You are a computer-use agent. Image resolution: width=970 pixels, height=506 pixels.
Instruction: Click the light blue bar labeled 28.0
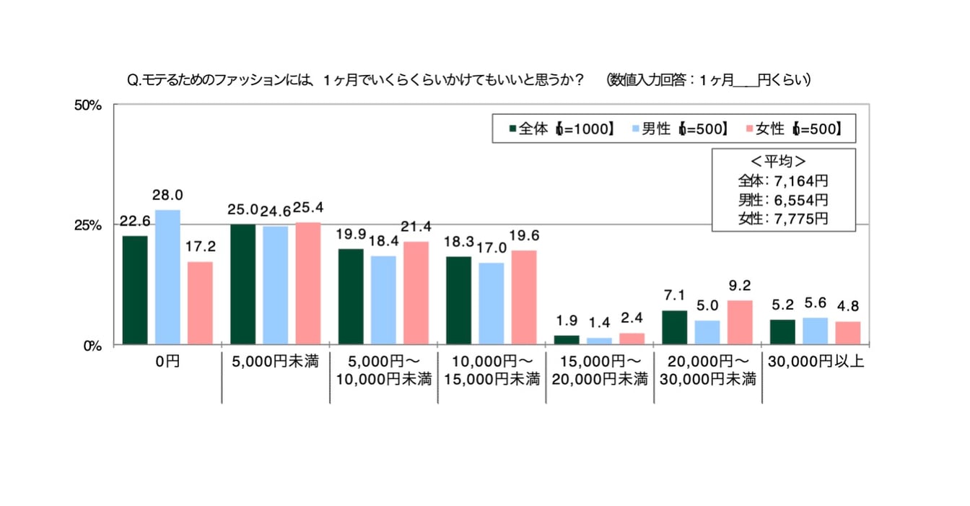[167, 277]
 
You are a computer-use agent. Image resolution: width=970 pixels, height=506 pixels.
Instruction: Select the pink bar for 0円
[200, 303]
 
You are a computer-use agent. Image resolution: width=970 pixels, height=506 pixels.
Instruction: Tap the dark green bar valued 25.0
[242, 284]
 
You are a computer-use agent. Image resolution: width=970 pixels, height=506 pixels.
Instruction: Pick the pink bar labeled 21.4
[416, 293]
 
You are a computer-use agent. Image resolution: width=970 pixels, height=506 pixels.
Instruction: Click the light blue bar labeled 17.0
[491, 303]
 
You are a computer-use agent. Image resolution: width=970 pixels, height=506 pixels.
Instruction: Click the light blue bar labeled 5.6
[815, 331]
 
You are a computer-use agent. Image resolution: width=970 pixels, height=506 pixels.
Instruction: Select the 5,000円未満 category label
[276, 362]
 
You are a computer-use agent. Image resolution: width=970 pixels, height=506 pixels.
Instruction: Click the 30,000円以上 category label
[816, 362]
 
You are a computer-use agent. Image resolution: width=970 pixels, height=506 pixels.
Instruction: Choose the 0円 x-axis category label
[167, 362]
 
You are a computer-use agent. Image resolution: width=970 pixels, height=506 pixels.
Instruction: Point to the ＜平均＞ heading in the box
[783, 161]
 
